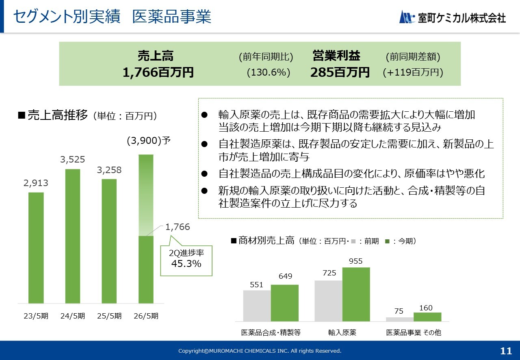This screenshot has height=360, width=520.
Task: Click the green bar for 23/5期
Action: (x=36, y=247)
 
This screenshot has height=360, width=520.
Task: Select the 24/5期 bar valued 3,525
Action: (x=73, y=236)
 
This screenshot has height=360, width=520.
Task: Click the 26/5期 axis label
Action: (x=146, y=316)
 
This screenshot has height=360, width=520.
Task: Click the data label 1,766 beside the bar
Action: (x=178, y=227)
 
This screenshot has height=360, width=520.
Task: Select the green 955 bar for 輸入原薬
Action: (x=356, y=294)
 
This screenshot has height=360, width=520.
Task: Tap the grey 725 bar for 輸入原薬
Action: (x=328, y=301)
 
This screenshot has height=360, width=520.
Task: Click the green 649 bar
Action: (x=284, y=303)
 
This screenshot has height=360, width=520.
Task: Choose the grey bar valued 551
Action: (x=257, y=306)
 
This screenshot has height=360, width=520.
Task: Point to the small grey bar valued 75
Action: (x=400, y=319)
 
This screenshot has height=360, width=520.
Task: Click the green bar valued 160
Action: (x=427, y=317)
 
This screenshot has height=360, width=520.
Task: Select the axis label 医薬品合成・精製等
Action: (x=271, y=332)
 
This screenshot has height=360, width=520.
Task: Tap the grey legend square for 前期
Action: (x=353, y=241)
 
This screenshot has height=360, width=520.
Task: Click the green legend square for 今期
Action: (x=388, y=241)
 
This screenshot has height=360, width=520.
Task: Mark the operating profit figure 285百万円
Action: (x=340, y=72)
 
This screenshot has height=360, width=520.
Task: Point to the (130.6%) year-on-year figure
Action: (x=269, y=72)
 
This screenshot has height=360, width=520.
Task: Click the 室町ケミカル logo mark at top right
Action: (x=407, y=17)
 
